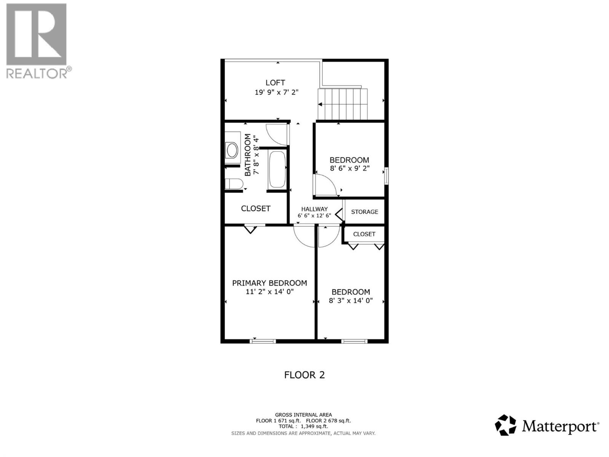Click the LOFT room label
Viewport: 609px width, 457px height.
pos(275,83)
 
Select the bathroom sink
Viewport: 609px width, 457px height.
pos(232,150)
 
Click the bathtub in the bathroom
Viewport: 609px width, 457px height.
pos(277,169)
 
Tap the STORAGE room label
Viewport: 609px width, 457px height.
pos(364,212)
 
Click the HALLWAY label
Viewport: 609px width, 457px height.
pos(314,209)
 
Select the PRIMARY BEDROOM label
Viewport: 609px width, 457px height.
pos(269,283)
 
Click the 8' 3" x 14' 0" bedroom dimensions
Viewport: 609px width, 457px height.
pos(351,300)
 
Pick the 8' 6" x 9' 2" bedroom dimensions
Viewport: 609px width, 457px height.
pos(349,168)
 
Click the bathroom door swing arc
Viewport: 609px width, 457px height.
pos(276,134)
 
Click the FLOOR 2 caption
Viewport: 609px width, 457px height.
pos(304,375)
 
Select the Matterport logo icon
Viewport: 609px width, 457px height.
pos(505,425)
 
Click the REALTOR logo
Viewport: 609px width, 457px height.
pos(37,40)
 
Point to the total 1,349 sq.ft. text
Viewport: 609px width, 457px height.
pos(303,427)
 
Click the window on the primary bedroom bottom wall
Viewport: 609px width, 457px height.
pos(262,341)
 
